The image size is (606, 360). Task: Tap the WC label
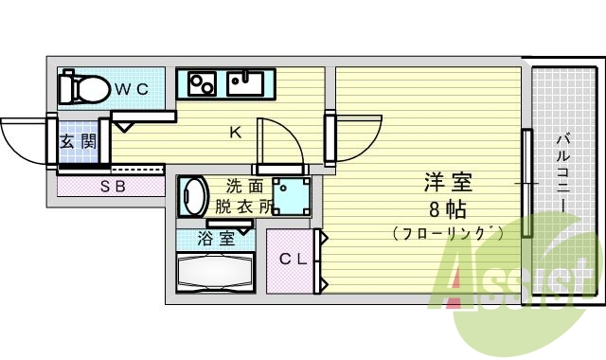(132, 89)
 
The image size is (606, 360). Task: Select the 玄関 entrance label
(78, 142)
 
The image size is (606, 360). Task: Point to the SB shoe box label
(113, 186)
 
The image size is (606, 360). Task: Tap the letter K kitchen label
(235, 133)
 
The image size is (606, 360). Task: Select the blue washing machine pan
(292, 196)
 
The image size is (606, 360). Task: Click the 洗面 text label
(243, 187)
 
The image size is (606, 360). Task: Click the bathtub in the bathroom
(215, 273)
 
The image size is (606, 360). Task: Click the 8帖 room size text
(448, 208)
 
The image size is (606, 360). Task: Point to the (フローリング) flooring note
(447, 232)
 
